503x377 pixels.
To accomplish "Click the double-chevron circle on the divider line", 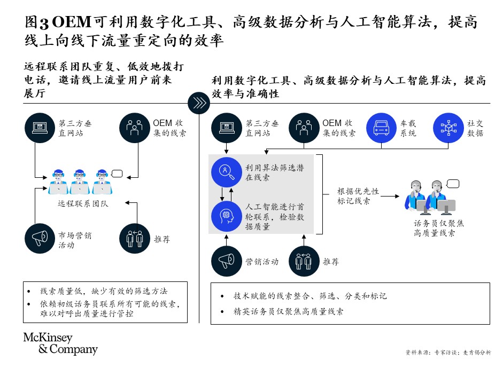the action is click(x=199, y=103).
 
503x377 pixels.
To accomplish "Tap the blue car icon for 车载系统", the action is click(x=382, y=128).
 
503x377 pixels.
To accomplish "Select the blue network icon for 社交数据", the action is click(x=448, y=128).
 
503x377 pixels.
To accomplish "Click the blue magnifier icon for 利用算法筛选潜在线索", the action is click(x=227, y=172).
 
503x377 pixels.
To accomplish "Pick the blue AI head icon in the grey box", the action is click(x=227, y=216).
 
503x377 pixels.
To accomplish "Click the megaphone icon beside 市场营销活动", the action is click(x=40, y=239).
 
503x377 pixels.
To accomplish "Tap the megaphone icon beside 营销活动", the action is click(x=227, y=261).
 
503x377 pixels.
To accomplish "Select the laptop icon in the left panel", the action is click(x=40, y=128).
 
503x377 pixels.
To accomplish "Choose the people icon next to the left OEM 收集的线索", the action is click(x=135, y=128).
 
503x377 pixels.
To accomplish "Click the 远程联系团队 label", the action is click(x=83, y=203).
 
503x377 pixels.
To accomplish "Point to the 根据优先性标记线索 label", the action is click(x=358, y=196).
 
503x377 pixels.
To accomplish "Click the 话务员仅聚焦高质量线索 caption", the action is click(x=438, y=228).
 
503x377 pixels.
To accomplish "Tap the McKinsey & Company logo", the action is click(x=60, y=343).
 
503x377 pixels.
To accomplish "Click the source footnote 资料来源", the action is click(x=448, y=352).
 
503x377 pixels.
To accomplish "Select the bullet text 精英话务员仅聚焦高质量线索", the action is click(x=289, y=311).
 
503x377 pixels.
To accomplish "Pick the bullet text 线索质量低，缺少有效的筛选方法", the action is click(x=104, y=291).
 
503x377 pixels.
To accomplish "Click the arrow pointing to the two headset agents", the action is click(x=390, y=196).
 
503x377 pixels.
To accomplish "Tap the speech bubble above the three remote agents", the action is click(x=117, y=174).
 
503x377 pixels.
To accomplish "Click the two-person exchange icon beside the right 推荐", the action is click(x=304, y=261).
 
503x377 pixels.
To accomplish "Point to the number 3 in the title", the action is click(x=44, y=23).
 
